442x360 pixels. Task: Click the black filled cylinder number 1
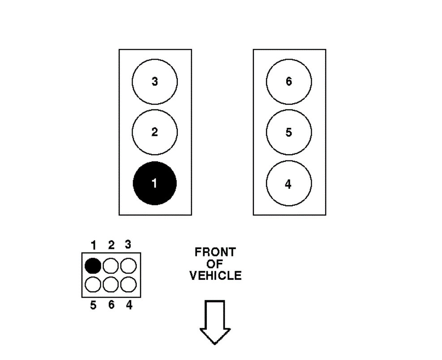[x=154, y=183]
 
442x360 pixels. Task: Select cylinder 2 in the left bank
[x=154, y=132]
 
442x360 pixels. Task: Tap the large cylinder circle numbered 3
[x=154, y=82]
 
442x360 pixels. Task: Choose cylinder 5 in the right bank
[x=288, y=132]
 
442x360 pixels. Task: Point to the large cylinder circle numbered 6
[x=288, y=82]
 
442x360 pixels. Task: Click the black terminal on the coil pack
[x=93, y=266]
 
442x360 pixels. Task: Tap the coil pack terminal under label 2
[x=110, y=266]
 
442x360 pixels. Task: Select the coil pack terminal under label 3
[x=128, y=266]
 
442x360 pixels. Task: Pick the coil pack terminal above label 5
[x=93, y=284]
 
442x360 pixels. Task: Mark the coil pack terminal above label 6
[x=110, y=284]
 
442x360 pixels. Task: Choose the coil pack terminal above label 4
[x=128, y=284]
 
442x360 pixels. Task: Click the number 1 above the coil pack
[x=94, y=245]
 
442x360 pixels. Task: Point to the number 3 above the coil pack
[x=128, y=245]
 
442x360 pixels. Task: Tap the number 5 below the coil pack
[x=93, y=305]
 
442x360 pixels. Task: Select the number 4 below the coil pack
[x=129, y=305]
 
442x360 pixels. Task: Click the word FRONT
[x=215, y=252]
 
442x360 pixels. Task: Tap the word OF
[x=215, y=264]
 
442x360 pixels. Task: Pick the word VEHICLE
[x=215, y=275]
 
